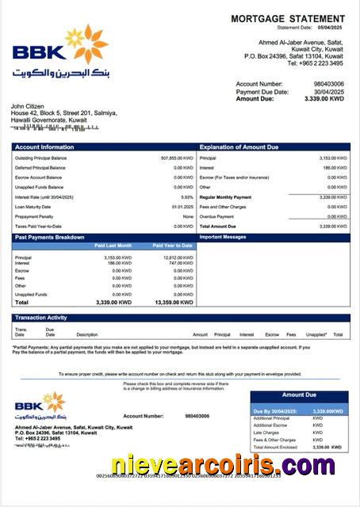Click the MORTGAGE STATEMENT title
tap(286, 17)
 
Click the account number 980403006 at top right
tap(327, 83)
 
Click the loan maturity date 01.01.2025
tap(182, 207)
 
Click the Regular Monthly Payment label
tap(226, 196)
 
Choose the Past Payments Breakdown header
tap(49, 237)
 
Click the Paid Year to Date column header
tap(172, 246)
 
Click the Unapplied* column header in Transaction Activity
tap(316, 334)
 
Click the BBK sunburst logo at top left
tap(93, 44)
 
